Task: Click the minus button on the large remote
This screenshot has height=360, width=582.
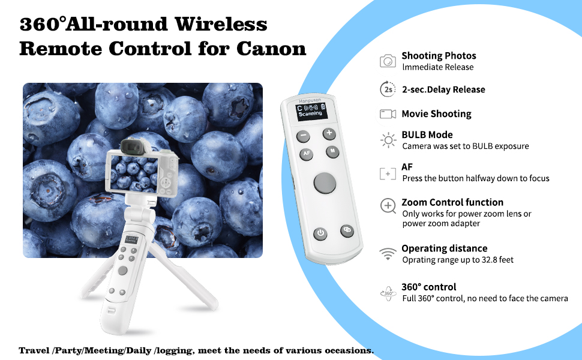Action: pyautogui.click(x=303, y=136)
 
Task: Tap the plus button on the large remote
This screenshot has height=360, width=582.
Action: pyautogui.click(x=329, y=134)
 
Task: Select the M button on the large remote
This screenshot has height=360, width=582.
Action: pyautogui.click(x=332, y=151)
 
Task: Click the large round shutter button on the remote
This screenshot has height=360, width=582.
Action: pyautogui.click(x=325, y=183)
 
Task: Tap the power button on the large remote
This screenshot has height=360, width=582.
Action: pyautogui.click(x=320, y=234)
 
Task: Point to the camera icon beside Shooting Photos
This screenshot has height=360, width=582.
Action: pyautogui.click(x=388, y=61)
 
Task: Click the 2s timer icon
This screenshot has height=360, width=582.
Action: pyautogui.click(x=388, y=89)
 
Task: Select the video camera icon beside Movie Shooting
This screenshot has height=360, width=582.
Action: pyautogui.click(x=388, y=114)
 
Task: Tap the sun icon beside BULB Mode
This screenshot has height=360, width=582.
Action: pyautogui.click(x=388, y=140)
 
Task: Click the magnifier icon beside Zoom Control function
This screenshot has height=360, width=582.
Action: pyautogui.click(x=388, y=206)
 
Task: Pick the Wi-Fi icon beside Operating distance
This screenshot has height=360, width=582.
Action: pyautogui.click(x=388, y=254)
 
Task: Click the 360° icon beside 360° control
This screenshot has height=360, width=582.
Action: pyautogui.click(x=388, y=293)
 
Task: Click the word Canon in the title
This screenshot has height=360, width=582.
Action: pyautogui.click(x=271, y=49)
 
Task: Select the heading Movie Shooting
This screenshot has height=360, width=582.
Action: pyautogui.click(x=437, y=113)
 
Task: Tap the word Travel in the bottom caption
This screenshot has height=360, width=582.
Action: pyautogui.click(x=34, y=351)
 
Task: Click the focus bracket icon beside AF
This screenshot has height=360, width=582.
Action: pyautogui.click(x=388, y=173)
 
